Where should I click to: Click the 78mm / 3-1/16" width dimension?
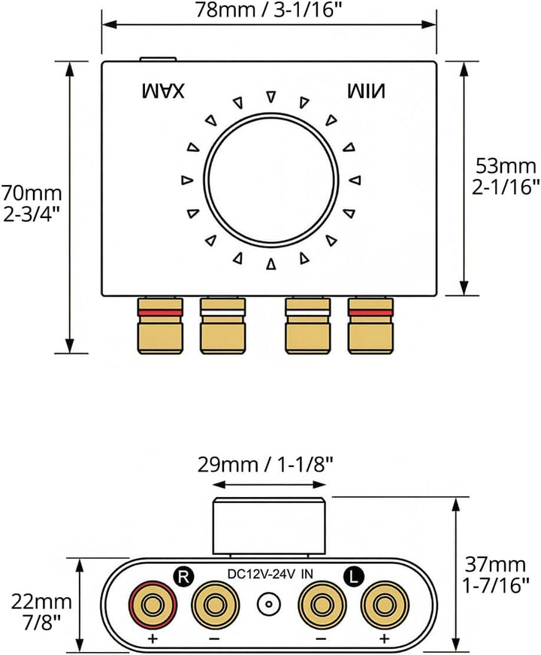tap(268, 10)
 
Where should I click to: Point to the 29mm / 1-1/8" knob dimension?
tap(265, 464)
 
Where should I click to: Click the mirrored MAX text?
tap(163, 91)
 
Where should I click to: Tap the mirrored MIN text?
tap(367, 91)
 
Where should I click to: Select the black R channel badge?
tap(183, 577)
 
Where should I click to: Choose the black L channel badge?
tap(354, 577)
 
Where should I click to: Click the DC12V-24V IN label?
tap(269, 575)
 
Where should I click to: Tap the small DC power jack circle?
tap(268, 604)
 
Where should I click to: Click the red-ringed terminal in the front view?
tap(152, 604)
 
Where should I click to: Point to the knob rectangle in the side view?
tap(269, 526)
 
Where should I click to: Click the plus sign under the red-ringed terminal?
tap(153, 638)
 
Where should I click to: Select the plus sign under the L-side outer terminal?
tap(385, 638)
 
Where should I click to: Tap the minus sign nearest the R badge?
tap(214, 638)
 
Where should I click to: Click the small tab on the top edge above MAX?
tap(158, 59)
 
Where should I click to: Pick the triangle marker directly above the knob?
tap(271, 96)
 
